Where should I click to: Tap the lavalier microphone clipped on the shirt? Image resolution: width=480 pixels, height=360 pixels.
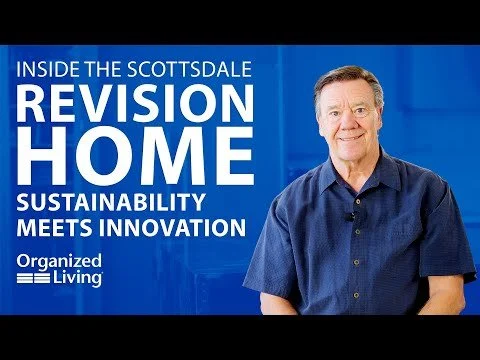click(351, 216)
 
